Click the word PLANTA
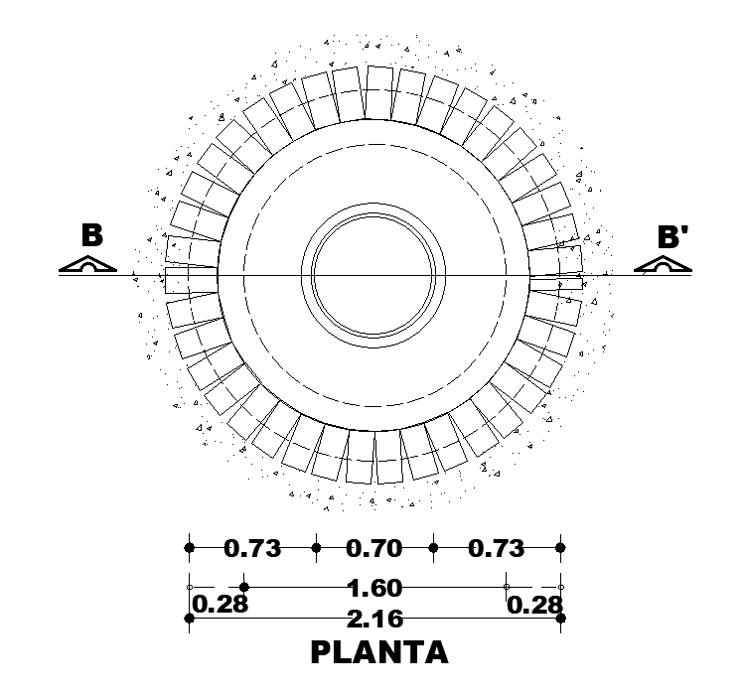pos(379,652)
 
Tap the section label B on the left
pos(92,235)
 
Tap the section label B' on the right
pos(672,236)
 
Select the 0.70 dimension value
pos(373,549)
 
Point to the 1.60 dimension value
pos(374,588)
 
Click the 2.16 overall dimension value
pos(374,619)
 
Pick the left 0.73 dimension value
pos(252,549)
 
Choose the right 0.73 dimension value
pos(496,549)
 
